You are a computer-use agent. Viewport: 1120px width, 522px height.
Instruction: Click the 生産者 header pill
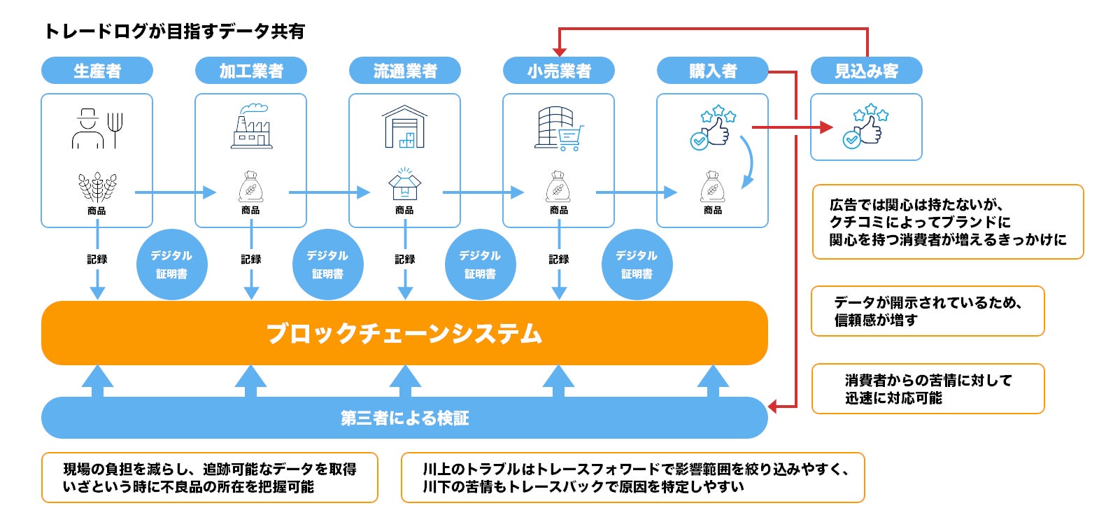(x=97, y=71)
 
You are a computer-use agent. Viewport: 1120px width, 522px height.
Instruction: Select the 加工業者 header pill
(x=251, y=71)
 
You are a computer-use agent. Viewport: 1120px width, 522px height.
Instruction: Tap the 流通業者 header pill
(x=405, y=71)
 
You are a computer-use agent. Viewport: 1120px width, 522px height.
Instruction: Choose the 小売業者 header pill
(x=559, y=71)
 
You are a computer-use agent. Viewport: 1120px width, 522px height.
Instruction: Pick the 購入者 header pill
(x=712, y=71)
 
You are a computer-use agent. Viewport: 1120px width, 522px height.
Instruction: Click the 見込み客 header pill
(x=867, y=71)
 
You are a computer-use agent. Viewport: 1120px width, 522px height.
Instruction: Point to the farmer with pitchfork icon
(x=97, y=129)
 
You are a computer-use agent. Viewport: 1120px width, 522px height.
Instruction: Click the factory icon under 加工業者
(x=252, y=127)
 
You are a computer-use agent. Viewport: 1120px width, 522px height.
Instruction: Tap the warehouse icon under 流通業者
(x=405, y=127)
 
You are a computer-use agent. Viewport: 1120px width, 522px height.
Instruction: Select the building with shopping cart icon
(x=559, y=129)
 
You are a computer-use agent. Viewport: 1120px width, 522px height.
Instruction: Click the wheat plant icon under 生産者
(x=97, y=188)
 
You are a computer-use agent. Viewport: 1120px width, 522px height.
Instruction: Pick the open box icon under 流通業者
(x=405, y=184)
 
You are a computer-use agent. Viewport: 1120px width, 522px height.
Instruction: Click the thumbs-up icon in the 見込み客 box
(x=867, y=126)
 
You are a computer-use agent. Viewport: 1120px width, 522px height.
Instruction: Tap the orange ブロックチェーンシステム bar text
(x=404, y=334)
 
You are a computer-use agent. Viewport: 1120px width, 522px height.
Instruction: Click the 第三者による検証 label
(x=404, y=418)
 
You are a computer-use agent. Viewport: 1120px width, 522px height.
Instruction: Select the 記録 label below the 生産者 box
(x=97, y=259)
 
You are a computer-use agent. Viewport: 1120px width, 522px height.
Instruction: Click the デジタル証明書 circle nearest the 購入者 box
(x=637, y=264)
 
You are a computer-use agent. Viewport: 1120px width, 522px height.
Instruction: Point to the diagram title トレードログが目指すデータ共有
(x=174, y=31)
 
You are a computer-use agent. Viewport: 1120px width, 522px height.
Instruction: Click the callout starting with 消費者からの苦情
(x=928, y=389)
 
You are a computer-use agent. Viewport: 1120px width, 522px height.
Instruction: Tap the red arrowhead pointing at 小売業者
(x=560, y=52)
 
